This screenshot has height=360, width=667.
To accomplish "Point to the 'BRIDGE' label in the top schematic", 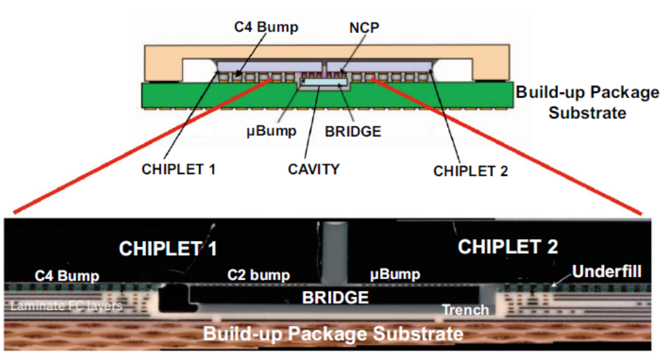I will click(353, 131).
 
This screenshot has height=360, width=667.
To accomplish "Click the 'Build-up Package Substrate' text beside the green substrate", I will click(586, 101).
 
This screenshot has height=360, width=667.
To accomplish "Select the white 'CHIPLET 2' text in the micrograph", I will click(508, 246).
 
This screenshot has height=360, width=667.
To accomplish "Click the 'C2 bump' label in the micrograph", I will click(258, 276).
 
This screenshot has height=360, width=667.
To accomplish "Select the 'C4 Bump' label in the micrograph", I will click(67, 276).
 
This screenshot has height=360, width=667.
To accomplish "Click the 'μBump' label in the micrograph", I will click(395, 276).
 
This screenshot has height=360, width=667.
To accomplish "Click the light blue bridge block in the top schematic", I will click(322, 82).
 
